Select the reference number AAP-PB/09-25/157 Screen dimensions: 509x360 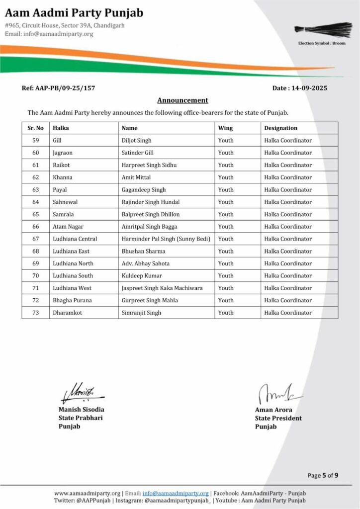58,88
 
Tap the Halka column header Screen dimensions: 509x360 61,128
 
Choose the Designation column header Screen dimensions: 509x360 280,128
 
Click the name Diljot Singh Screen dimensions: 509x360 137,141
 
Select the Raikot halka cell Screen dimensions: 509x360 62,165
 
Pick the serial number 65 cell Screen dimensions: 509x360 35,214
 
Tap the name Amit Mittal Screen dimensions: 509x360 136,177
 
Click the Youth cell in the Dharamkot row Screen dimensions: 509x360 226,313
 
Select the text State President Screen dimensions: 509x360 278,418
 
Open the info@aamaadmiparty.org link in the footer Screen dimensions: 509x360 176,493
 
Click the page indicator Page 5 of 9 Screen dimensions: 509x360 323,475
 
